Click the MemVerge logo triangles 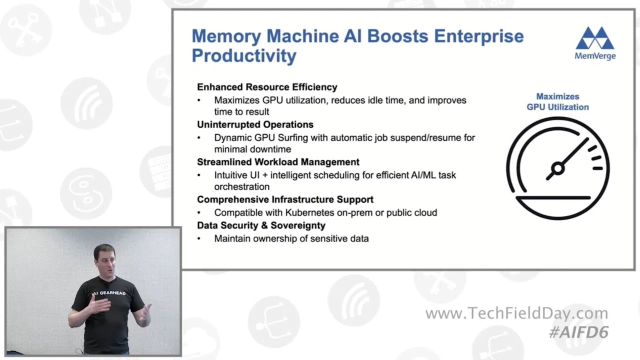(595, 38)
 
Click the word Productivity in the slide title (244, 55)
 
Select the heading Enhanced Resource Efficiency (267, 87)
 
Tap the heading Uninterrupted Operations (255, 124)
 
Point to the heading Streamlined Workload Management (278, 162)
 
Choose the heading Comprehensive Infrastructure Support (285, 199)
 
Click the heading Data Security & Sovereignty (261, 225)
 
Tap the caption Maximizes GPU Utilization (557, 102)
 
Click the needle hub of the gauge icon (557, 168)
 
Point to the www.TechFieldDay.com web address (516, 314)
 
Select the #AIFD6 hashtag (578, 332)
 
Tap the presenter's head (104, 257)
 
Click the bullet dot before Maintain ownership (199, 239)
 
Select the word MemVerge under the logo (595, 56)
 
